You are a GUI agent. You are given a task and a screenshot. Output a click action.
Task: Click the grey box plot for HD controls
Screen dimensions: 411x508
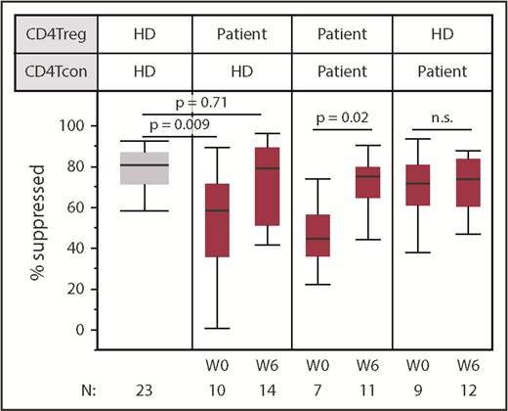(x=144, y=166)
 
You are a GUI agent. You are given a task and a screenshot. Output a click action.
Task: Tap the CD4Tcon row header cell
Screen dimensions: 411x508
(x=54, y=71)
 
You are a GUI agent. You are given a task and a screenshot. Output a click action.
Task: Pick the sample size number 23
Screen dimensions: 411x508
(x=144, y=388)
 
